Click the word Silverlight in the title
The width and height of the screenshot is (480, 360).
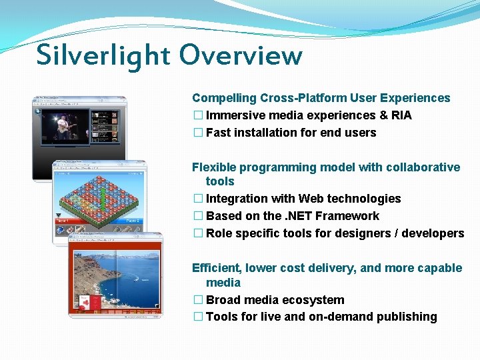(103, 55)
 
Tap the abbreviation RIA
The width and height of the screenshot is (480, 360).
(401, 115)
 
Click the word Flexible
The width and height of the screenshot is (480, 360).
(213, 167)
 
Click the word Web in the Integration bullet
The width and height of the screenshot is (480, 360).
(310, 199)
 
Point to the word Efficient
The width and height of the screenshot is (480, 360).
(217, 268)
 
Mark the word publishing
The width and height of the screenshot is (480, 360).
(407, 317)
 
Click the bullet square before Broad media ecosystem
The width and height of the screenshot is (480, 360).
(197, 300)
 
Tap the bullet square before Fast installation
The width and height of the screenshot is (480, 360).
(197, 133)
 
